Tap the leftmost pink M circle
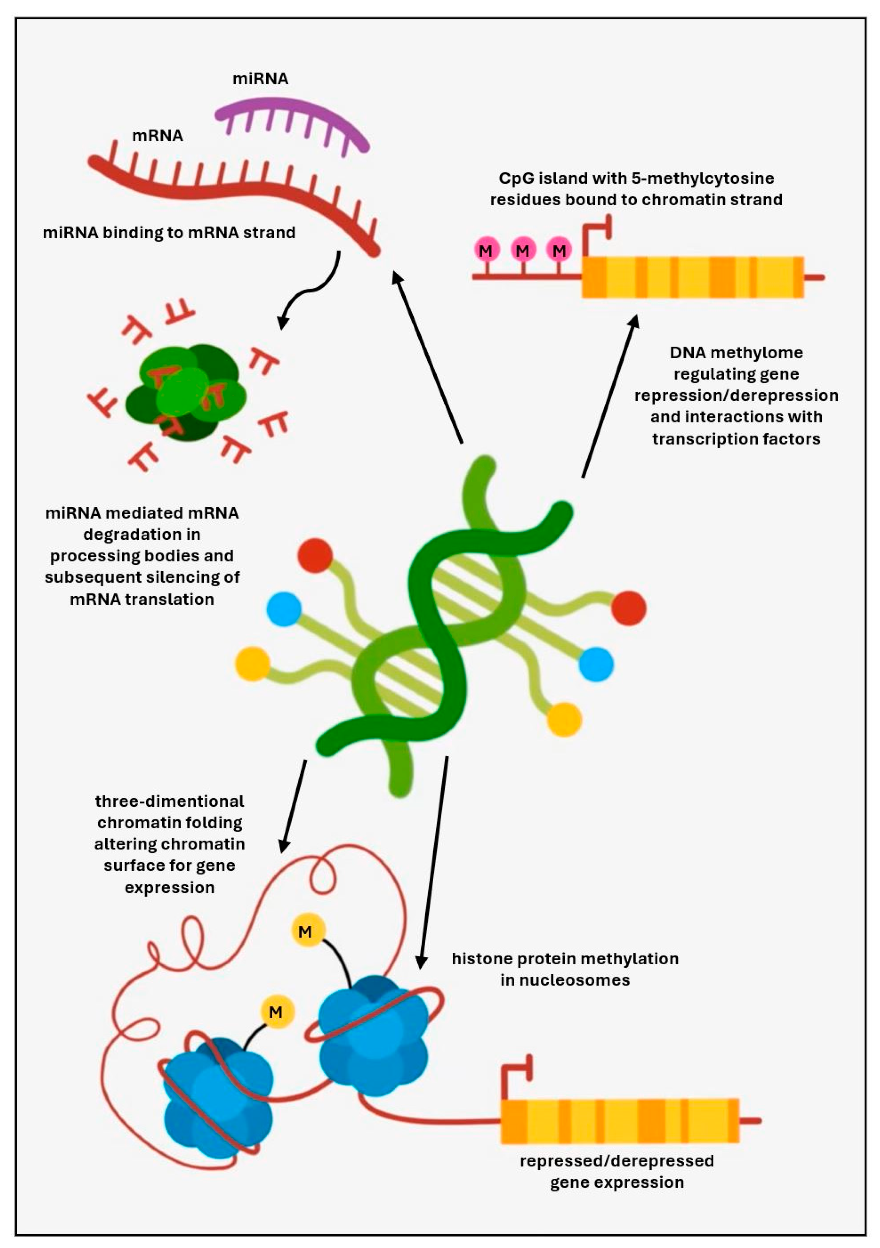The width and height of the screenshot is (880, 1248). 486,251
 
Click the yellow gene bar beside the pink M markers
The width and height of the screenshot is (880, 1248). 693,277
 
